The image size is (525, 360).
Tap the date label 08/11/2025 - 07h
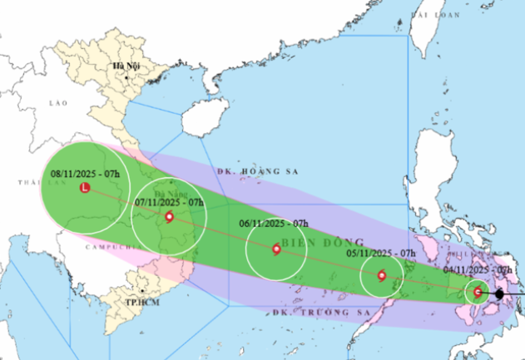[85, 174]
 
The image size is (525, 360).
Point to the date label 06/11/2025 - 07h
[275, 224]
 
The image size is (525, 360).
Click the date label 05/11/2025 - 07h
[382, 253]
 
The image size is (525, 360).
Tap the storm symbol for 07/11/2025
[170, 218]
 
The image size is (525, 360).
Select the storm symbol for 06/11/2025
[276, 248]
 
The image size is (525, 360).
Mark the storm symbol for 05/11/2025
[382, 276]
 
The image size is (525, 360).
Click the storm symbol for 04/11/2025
[478, 292]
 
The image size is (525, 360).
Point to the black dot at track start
[499, 293]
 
